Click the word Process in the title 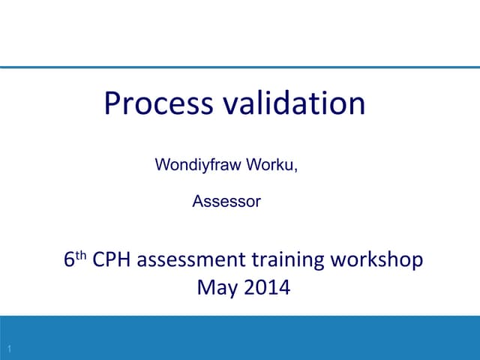pos(158,103)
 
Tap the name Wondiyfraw pos(194,165)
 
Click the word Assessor pos(226,201)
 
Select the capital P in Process pos(112,103)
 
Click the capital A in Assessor pos(198,201)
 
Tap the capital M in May pos(205,286)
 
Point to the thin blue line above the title pos(240,67)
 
